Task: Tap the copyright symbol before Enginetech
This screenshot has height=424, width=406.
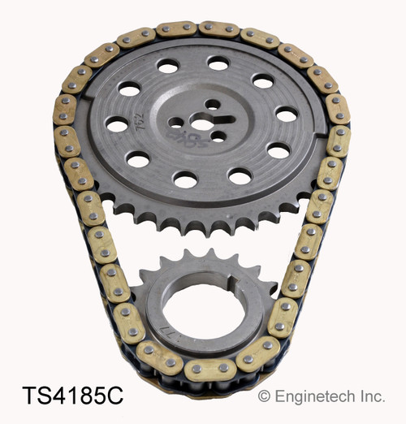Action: [x=264, y=398]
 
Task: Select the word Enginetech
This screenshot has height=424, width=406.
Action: [x=313, y=398]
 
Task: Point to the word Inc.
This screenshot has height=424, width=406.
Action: [x=373, y=398]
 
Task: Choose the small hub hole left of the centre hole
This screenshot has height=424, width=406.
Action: [x=176, y=123]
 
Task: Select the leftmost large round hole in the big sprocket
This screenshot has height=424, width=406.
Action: [x=117, y=124]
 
